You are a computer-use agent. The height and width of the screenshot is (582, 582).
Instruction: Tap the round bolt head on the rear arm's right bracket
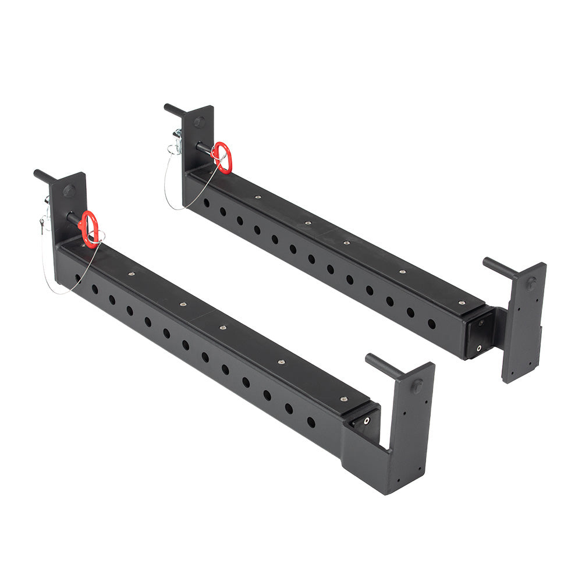tap(531, 284)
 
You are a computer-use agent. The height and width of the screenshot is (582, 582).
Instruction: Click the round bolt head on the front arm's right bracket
tap(417, 385)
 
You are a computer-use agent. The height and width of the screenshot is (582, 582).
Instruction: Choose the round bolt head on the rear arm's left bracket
tap(199, 122)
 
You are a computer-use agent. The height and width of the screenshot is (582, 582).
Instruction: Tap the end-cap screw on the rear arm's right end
tap(479, 348)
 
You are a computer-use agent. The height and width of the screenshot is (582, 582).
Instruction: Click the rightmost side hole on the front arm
tap(311, 421)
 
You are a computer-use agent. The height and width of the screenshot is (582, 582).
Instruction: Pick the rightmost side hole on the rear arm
tap(431, 324)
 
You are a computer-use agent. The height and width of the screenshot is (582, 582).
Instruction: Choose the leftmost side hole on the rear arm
tap(207, 203)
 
